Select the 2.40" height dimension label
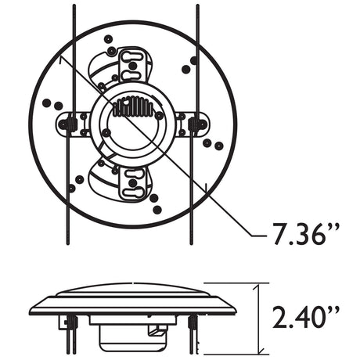306,318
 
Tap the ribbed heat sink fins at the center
133,106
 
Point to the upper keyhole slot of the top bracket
131,56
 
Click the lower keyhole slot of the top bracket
131,76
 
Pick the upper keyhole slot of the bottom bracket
133,173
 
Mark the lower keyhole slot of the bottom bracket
133,193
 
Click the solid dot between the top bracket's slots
133,65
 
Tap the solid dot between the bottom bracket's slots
133,183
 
